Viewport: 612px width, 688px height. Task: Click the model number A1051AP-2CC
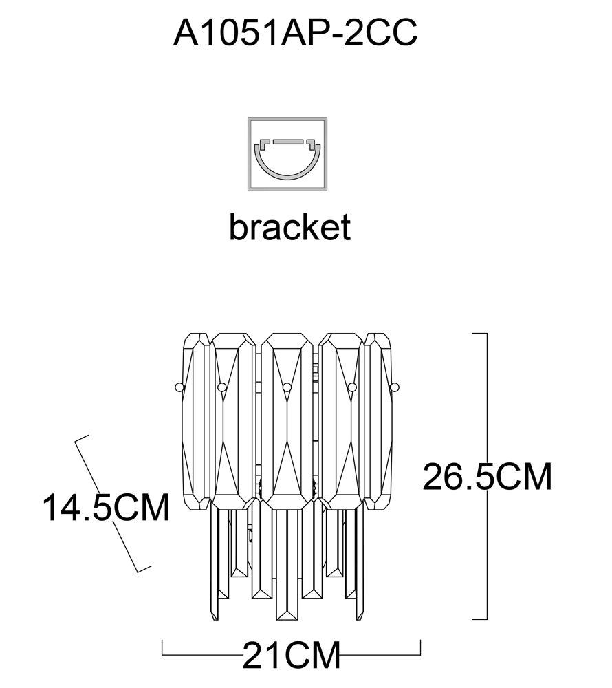click(295, 32)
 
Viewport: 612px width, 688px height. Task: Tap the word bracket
click(289, 226)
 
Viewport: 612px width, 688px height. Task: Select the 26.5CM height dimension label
click(487, 477)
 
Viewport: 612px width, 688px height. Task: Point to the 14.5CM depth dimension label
click(106, 507)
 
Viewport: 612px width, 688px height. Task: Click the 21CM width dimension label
click(291, 656)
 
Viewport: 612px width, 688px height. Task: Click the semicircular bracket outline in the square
click(287, 175)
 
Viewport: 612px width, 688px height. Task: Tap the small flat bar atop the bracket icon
click(287, 142)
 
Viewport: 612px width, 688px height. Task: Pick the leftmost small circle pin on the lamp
click(179, 387)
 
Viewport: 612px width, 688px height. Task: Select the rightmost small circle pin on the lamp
click(395, 387)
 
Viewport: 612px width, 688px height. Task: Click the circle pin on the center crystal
click(287, 387)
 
